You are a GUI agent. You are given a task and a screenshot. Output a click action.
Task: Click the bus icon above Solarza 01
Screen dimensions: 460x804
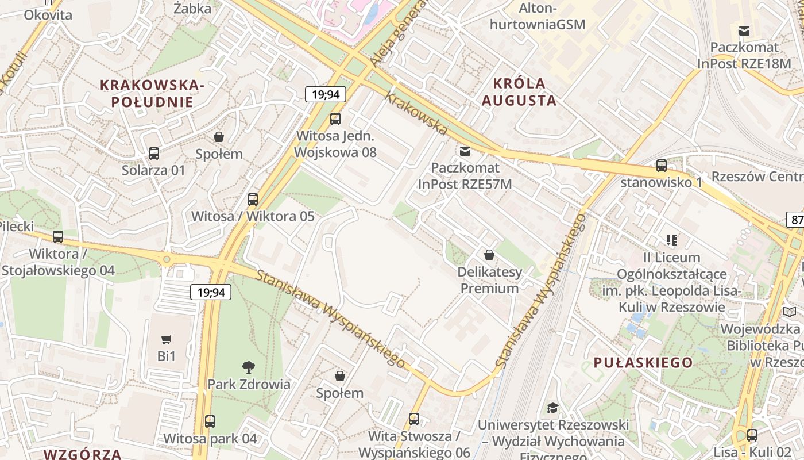point(154,153)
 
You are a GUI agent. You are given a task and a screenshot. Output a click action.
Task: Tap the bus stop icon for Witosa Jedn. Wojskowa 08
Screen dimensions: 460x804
point(335,119)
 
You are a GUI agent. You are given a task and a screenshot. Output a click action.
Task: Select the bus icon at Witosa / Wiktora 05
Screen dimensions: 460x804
point(253,200)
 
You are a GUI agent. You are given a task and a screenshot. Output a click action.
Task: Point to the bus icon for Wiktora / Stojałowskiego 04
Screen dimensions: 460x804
point(58,236)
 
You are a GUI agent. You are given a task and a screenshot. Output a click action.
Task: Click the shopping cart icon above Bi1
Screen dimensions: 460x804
point(167,339)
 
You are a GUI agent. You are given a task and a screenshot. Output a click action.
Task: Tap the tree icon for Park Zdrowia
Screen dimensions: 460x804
point(249,367)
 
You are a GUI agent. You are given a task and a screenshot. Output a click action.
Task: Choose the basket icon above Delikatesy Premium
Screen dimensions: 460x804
point(489,254)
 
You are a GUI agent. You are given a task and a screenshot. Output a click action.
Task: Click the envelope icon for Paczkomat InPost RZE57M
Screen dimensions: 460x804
point(465,151)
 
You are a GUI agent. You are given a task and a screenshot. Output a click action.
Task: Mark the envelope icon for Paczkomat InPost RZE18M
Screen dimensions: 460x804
point(744,30)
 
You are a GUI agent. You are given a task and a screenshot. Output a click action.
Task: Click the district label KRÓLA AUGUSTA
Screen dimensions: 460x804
point(519,92)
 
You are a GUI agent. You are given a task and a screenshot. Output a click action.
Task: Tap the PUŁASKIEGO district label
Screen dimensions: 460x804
point(643,362)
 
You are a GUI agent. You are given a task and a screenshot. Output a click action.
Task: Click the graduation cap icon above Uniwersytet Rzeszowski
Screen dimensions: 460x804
point(552,408)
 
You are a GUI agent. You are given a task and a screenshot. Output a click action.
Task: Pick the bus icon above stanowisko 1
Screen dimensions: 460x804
point(662,166)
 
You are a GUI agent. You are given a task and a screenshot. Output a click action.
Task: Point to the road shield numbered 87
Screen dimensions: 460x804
point(796,220)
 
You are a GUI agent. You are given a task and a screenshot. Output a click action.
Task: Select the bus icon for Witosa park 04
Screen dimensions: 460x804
point(210,421)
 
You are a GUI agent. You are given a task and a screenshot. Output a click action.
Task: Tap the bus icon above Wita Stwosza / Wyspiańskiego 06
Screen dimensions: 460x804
point(414,419)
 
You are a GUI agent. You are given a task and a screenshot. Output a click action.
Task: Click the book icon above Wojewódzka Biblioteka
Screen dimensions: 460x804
point(790,312)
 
